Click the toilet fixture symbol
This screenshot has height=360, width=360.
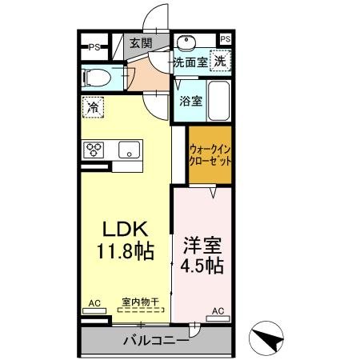click(x=98, y=78)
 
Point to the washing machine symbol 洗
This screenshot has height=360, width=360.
click(x=219, y=61)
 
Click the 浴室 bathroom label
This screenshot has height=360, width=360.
click(x=190, y=102)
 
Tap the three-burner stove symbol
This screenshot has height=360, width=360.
click(x=95, y=149)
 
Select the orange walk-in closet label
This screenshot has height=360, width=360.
click(x=210, y=154)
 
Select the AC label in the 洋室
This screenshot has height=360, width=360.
click(x=216, y=310)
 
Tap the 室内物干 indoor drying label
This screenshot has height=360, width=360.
click(x=140, y=302)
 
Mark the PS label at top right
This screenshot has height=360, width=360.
click(x=225, y=38)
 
